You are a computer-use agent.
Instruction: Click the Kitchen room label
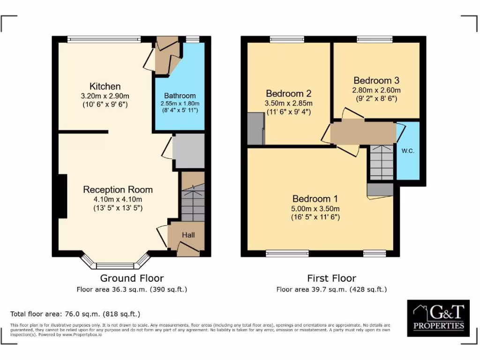point(105,86)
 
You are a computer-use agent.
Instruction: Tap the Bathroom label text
point(180,96)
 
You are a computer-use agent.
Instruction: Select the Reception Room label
point(118,189)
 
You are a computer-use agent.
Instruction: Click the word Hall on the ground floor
point(188,235)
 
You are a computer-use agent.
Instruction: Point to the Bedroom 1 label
point(315,199)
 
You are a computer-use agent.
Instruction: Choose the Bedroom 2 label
point(288,93)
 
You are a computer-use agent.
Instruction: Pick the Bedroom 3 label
point(376,80)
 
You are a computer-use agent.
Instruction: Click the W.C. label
point(407,151)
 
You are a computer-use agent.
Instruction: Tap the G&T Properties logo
point(438,317)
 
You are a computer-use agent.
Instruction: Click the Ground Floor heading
point(132,278)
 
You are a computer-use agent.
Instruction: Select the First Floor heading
point(331,278)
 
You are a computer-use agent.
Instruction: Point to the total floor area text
point(75,314)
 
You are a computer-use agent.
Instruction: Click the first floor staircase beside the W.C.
point(381,162)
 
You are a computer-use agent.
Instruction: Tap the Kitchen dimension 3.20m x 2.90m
point(105,96)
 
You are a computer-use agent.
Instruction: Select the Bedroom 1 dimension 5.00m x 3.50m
point(315,209)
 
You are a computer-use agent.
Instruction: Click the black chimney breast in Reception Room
point(62,196)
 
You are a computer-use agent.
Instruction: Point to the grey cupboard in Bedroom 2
point(255,128)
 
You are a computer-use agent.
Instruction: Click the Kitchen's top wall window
point(104,39)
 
